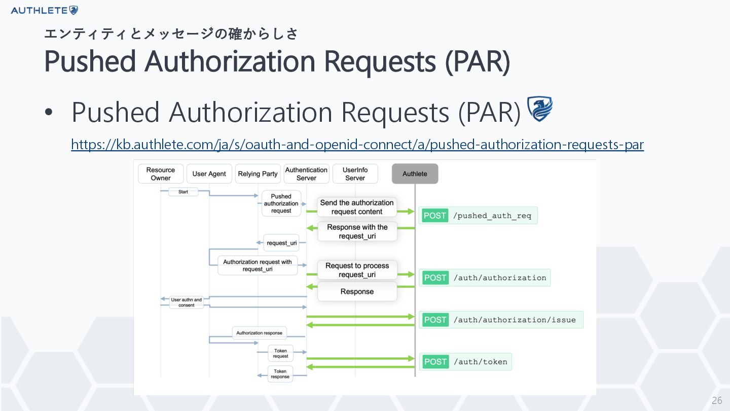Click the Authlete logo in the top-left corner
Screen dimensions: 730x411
tap(44, 11)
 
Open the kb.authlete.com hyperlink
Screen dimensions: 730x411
tap(357, 145)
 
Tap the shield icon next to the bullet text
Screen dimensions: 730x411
tap(540, 109)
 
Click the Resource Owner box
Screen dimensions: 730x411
tap(161, 174)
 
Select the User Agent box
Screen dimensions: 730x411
tap(209, 174)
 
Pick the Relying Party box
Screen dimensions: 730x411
tap(258, 174)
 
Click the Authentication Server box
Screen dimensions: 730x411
tap(306, 174)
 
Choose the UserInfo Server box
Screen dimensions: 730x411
tap(355, 174)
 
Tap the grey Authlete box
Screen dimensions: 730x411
tap(415, 174)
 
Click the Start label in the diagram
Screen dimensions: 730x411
tap(183, 192)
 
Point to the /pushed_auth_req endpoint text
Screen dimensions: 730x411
tap(492, 216)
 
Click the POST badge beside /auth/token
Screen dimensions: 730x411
tap(435, 362)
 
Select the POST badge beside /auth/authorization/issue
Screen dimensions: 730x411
tap(435, 320)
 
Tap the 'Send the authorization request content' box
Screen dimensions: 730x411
tap(357, 207)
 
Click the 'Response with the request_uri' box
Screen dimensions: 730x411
tap(357, 231)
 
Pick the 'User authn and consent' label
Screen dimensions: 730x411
tap(187, 302)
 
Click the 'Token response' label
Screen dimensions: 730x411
tap(280, 374)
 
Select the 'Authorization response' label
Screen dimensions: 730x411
tap(260, 333)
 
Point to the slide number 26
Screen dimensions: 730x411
tap(717, 400)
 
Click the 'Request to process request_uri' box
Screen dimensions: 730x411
tap(357, 270)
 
